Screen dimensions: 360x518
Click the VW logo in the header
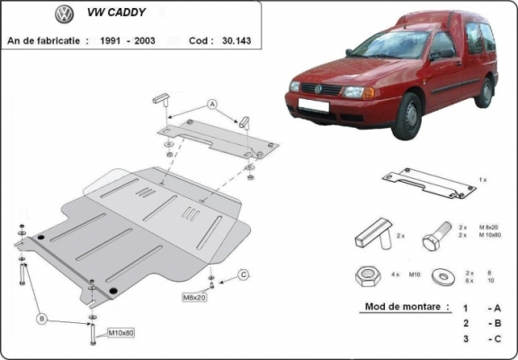point(64,14)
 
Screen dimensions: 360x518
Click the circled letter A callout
point(212,105)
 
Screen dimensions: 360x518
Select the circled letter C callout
point(243,274)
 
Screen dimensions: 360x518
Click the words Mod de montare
point(406,306)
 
